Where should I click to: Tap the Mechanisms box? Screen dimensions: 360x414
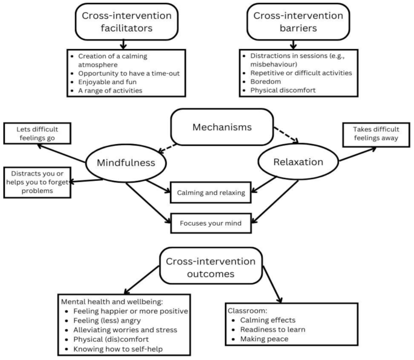point(222,128)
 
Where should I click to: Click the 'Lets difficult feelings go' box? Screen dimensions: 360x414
point(38,133)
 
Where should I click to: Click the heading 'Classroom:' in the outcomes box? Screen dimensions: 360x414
point(243,310)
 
